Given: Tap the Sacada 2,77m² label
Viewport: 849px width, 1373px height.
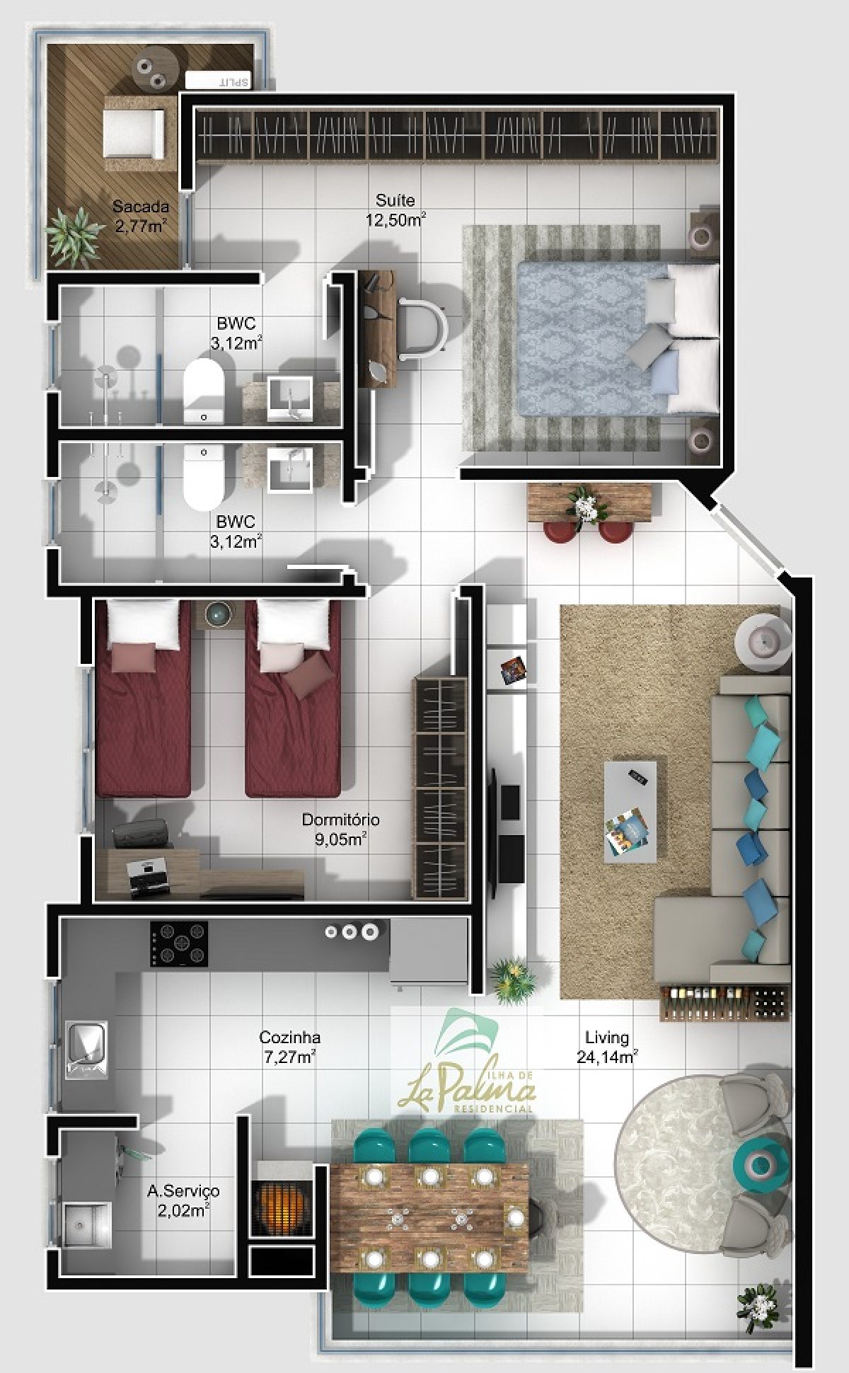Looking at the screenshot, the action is (x=141, y=217).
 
